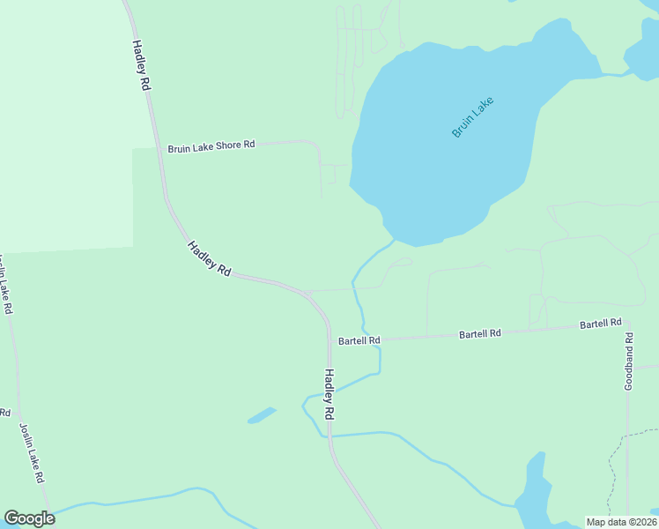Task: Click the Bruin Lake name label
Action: click(472, 117)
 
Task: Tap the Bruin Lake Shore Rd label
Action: click(211, 145)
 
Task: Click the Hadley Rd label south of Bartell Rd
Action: click(329, 393)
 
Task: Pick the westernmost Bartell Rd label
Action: click(359, 340)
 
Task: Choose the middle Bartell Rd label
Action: click(479, 334)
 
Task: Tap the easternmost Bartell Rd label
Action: click(600, 324)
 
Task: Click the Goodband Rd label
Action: click(628, 361)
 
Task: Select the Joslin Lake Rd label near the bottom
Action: click(32, 452)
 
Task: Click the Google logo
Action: click(29, 518)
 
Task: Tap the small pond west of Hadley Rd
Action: click(262, 414)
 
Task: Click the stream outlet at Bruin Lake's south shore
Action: click(394, 240)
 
